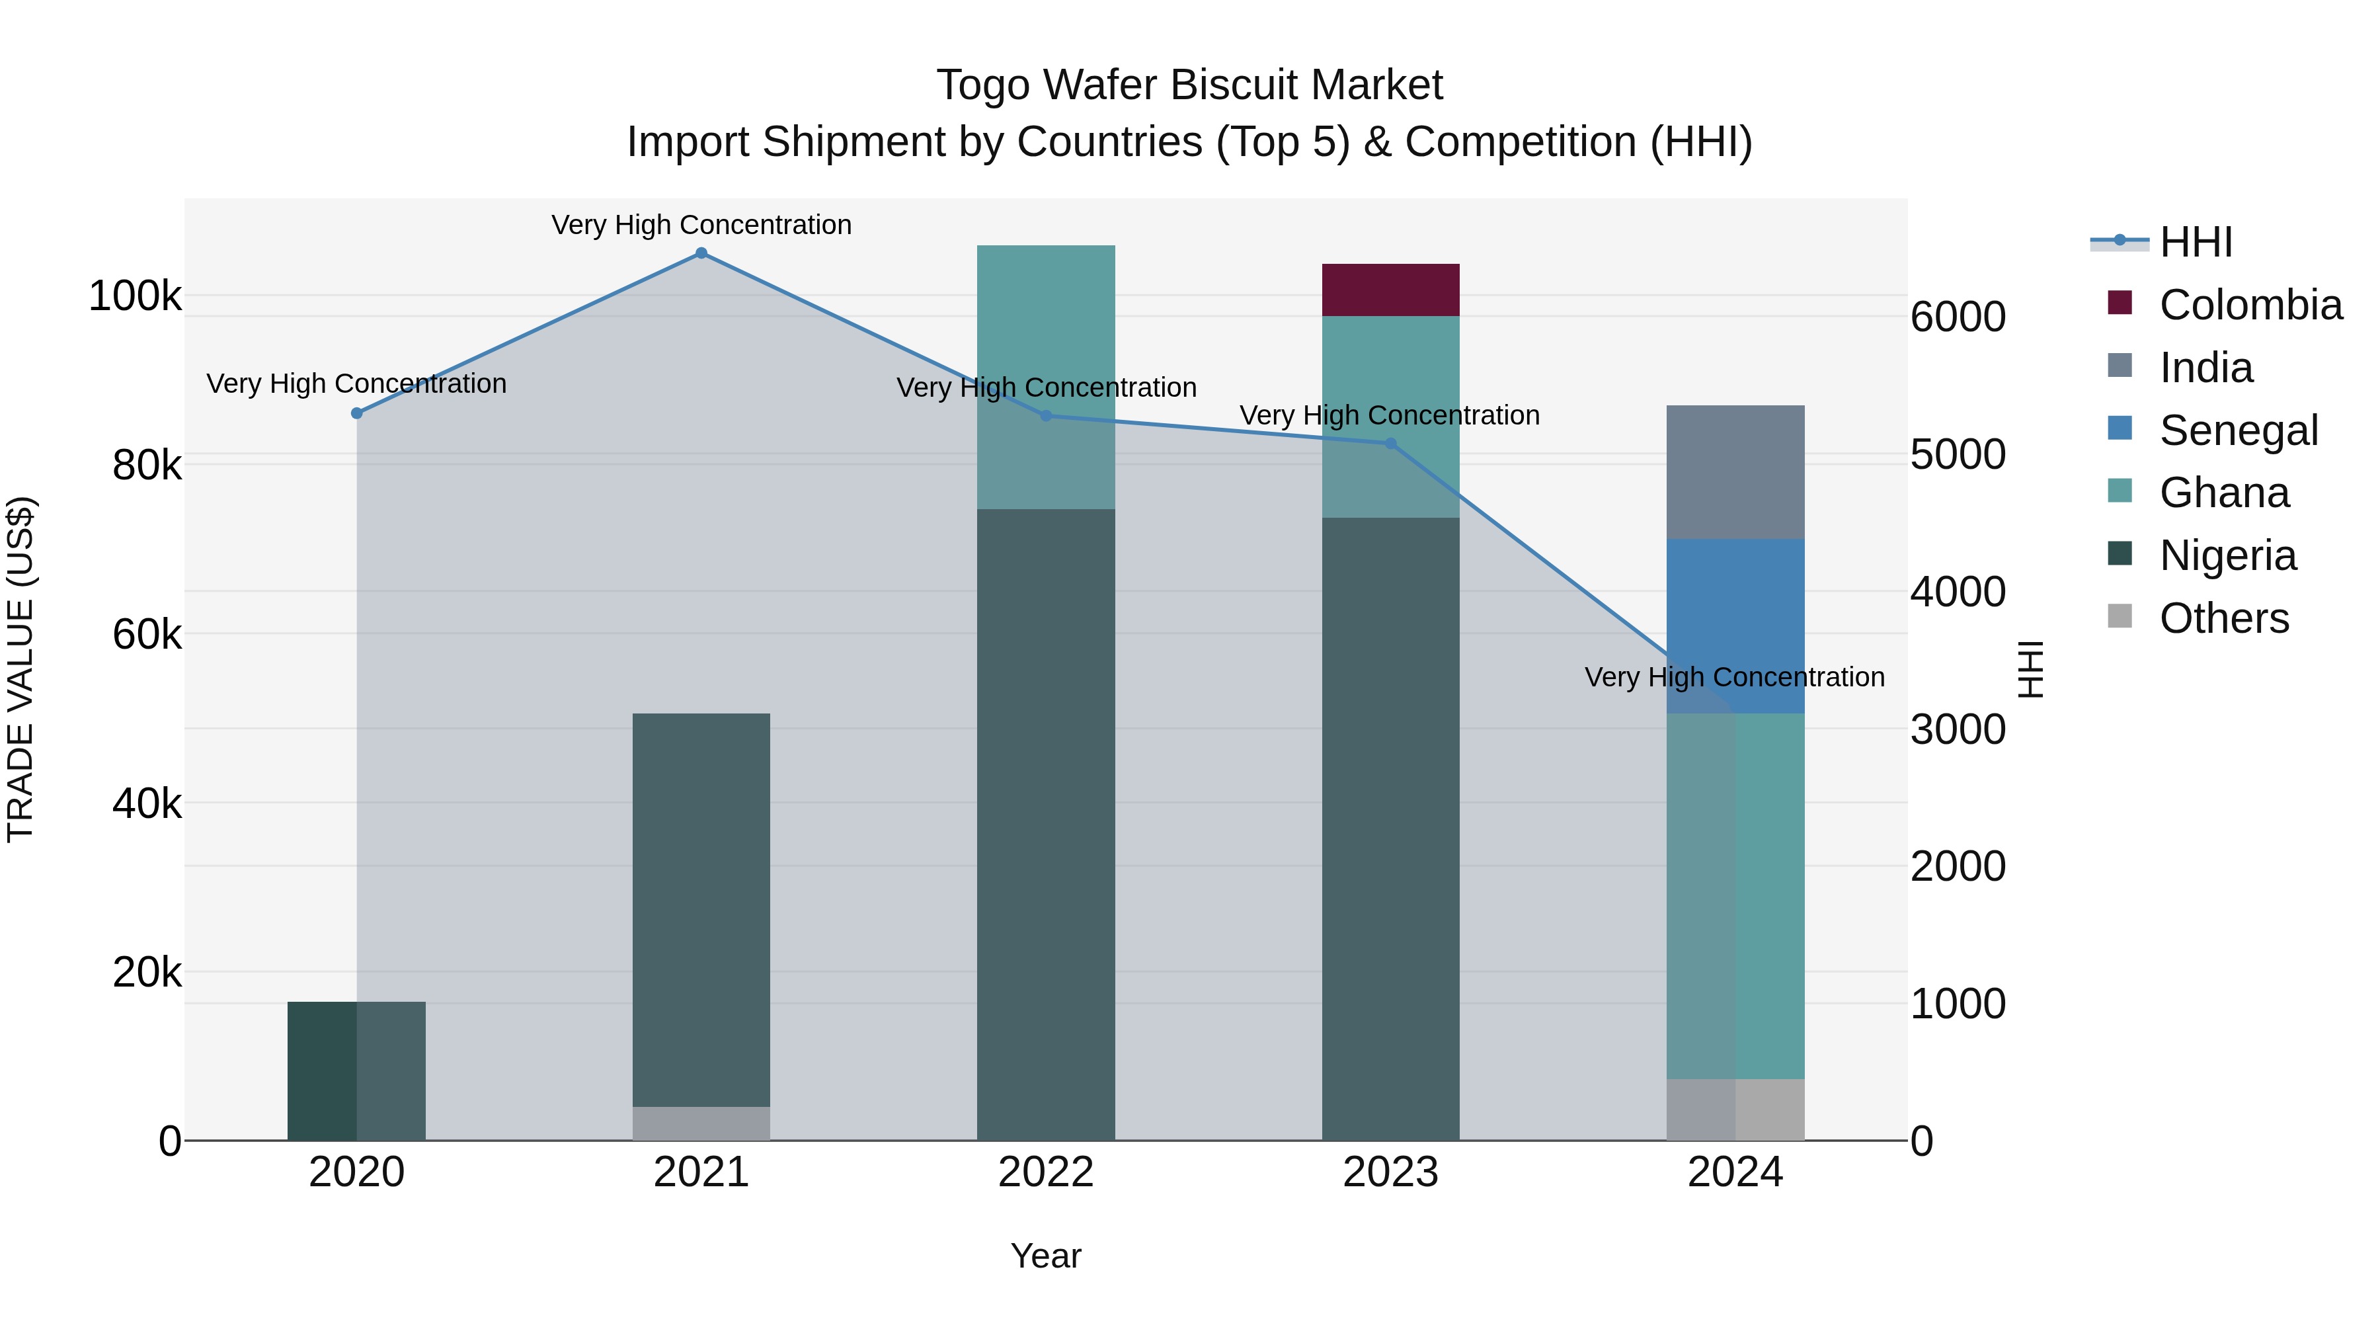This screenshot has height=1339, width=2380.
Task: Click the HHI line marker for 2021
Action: [x=701, y=253]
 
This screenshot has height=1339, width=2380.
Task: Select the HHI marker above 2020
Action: [x=356, y=413]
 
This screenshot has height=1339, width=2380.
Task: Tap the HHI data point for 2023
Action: [x=1390, y=444]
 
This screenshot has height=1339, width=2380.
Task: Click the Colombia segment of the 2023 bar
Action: [x=1390, y=290]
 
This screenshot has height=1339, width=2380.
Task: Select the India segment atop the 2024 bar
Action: [x=1735, y=471]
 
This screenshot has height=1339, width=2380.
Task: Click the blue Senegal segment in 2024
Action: [x=1735, y=610]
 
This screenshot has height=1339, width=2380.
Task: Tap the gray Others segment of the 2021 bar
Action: [x=701, y=1123]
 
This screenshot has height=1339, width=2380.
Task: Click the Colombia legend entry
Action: [x=2250, y=305]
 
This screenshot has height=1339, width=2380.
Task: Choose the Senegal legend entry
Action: [x=2238, y=430]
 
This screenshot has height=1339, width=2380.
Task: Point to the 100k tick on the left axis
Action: [x=135, y=297]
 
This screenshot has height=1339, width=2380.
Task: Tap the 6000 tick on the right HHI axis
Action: [x=1958, y=317]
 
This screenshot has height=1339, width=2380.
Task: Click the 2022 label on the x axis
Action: [x=1046, y=1172]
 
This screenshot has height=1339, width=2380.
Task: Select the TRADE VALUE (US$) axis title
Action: [x=20, y=669]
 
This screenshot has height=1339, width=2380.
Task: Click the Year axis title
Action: [x=1046, y=1256]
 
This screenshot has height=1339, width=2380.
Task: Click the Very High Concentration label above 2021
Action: [x=701, y=225]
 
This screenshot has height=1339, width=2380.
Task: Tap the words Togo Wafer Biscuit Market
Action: [x=1189, y=85]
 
